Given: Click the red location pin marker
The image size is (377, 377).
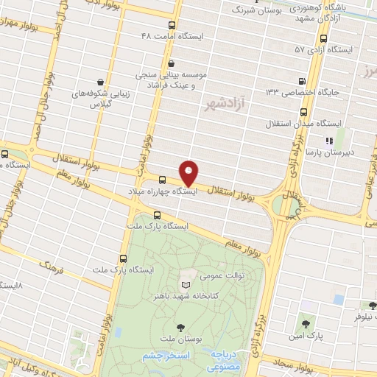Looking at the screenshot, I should coord(189,173).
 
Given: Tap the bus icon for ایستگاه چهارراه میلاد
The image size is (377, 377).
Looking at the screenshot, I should coord(163,179).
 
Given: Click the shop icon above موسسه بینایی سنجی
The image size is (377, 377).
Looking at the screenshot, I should coord(171,63).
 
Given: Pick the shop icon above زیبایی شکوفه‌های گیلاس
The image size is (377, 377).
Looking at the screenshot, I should coord(100,82).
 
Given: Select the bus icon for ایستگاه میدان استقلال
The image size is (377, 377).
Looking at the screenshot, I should coord(304,112).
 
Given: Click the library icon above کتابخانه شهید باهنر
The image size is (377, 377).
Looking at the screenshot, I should coord(186,283).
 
